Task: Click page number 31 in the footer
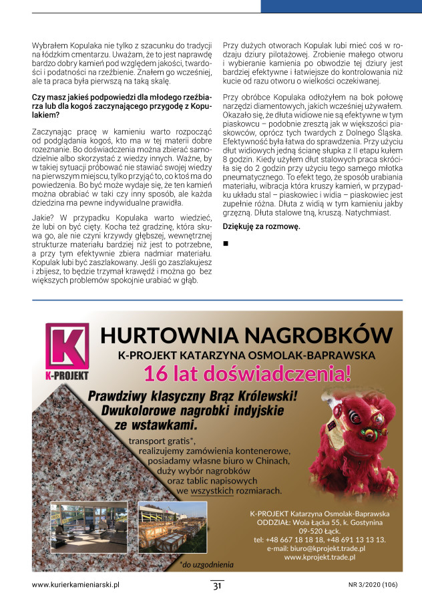pos(217,586)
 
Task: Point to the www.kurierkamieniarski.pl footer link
pos(75,584)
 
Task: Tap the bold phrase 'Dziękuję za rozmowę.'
pos(261,226)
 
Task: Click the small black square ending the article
pos(226,242)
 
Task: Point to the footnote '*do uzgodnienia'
pos(206,564)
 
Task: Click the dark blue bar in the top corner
pos(341,6)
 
